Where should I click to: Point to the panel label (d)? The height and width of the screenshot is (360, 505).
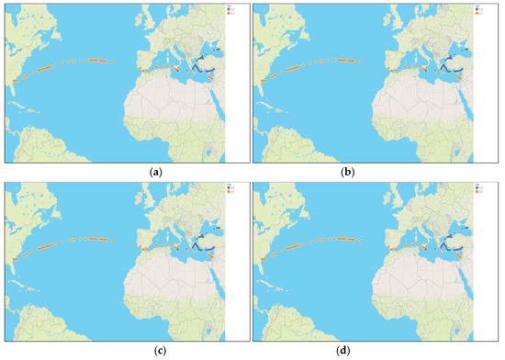coord(377,352)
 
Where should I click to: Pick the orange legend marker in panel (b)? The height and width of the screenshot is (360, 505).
coord(464,14)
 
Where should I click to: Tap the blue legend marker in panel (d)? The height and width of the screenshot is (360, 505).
coord(464,190)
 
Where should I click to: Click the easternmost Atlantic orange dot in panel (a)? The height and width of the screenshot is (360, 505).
coord(111,62)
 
